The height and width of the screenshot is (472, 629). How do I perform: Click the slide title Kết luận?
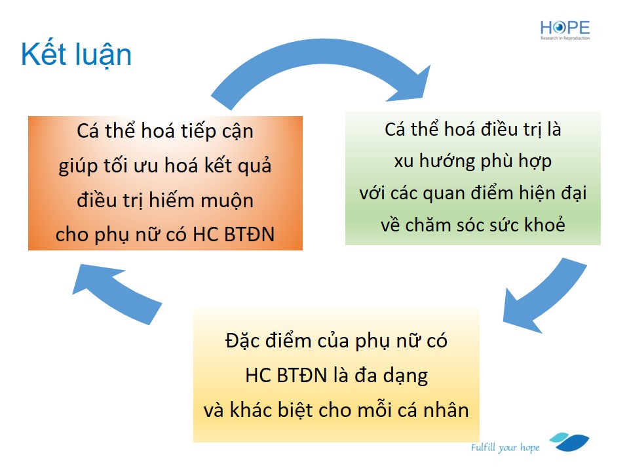pos(76,55)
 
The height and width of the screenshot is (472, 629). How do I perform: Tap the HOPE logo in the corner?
pos(565,30)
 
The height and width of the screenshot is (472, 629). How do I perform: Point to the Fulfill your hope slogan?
pos(505,448)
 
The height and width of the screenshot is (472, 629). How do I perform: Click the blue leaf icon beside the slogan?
pos(569,442)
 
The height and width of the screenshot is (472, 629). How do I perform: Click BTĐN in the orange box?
pos(249,235)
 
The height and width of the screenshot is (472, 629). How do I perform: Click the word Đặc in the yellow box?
pos(240,341)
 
